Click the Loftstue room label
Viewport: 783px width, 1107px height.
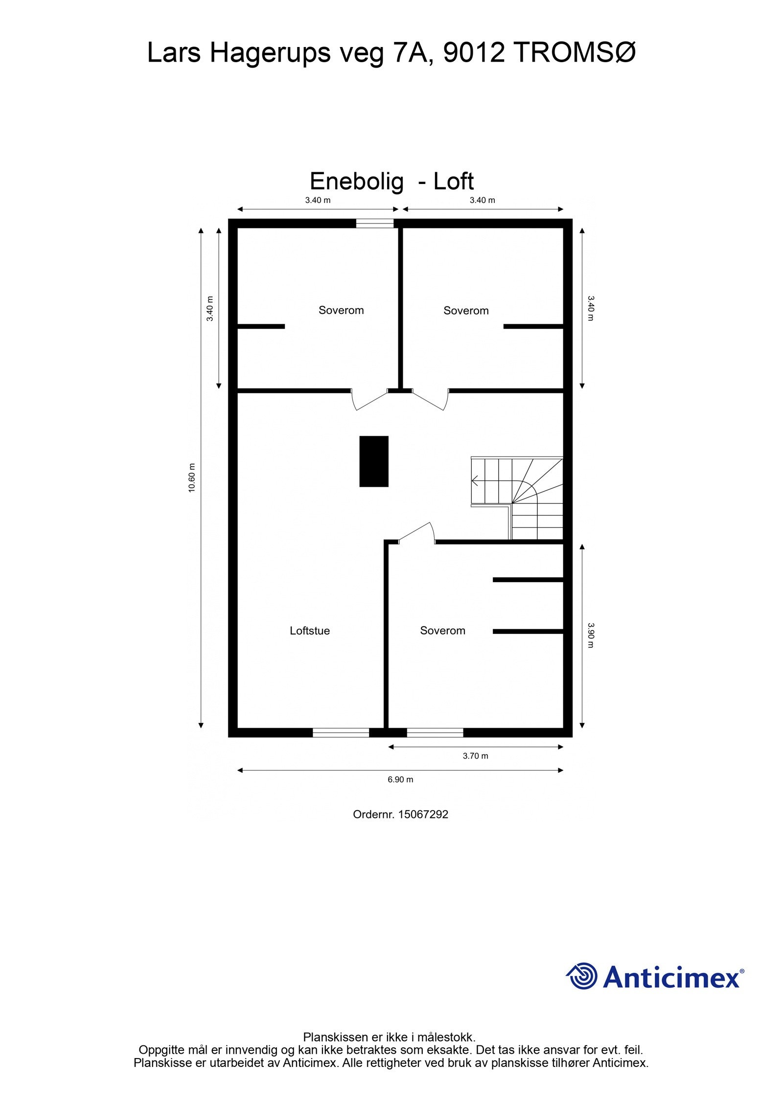point(309,631)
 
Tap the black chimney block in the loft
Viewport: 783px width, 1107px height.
point(374,461)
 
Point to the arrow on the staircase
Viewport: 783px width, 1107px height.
point(475,480)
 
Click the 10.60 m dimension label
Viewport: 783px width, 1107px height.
point(192,477)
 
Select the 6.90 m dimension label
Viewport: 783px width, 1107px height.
point(400,779)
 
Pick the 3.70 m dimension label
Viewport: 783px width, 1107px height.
point(475,756)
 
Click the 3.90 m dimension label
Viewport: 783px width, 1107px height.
point(591,635)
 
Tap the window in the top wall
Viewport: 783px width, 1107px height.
point(374,224)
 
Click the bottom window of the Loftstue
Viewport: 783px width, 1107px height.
point(341,732)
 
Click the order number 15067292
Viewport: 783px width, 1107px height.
point(423,814)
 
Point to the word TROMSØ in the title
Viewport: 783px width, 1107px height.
point(575,53)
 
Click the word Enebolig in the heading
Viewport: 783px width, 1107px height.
point(357,181)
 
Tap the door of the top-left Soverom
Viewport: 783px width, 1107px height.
point(369,399)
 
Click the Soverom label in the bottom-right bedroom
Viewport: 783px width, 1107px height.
point(442,631)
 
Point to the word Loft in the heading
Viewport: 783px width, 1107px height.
point(453,181)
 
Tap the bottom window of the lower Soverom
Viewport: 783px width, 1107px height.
point(435,732)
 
